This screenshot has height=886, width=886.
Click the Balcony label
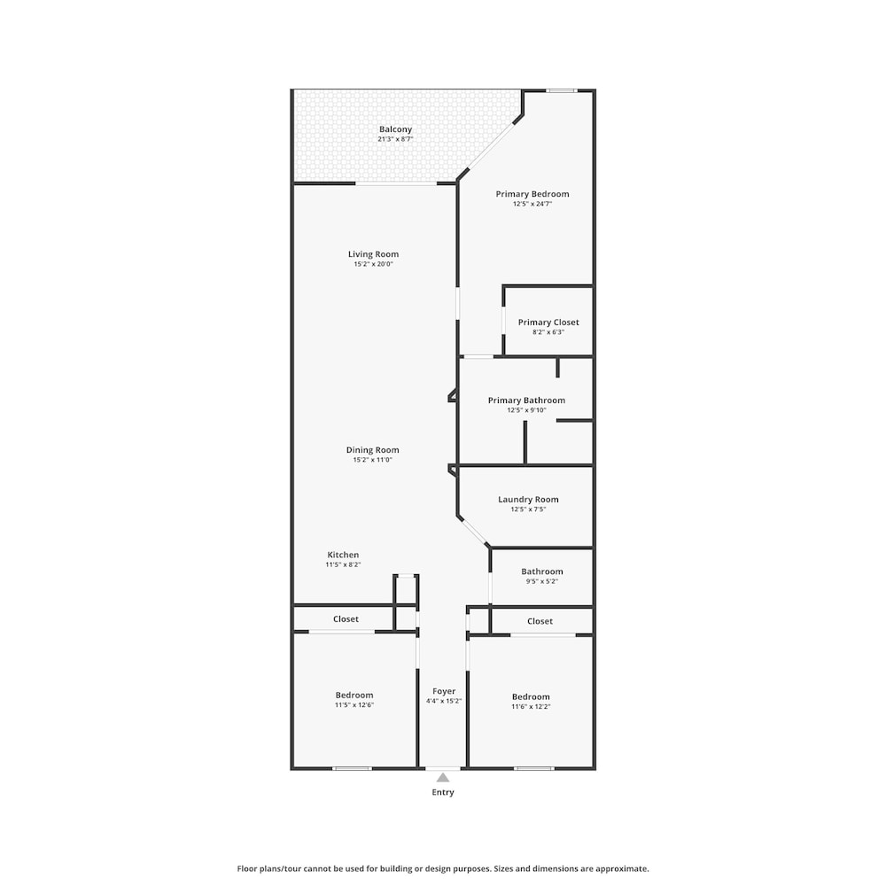[395, 129]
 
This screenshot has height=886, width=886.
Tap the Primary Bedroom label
[532, 194]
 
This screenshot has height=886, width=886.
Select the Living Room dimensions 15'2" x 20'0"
[373, 264]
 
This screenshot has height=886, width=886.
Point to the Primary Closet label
[548, 323]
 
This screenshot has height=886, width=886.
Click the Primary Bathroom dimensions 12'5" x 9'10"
[526, 410]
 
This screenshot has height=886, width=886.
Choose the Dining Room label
[372, 450]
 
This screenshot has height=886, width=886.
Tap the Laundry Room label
[528, 500]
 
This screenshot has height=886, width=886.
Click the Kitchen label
[343, 555]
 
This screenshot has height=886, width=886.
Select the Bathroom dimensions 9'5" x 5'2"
[542, 581]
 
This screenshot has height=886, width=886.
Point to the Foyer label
[444, 692]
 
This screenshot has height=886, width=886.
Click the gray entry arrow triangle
[443, 778]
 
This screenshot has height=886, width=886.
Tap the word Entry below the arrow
[443, 792]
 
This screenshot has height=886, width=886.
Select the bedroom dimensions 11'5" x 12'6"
[354, 705]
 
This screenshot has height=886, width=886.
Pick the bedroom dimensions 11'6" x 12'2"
[531, 707]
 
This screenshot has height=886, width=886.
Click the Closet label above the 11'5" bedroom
[346, 619]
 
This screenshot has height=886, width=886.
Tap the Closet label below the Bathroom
[540, 622]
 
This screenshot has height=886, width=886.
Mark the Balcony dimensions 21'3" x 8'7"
[395, 139]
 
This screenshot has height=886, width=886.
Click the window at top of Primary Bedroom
[562, 90]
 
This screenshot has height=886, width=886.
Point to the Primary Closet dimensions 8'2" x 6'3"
[548, 332]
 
